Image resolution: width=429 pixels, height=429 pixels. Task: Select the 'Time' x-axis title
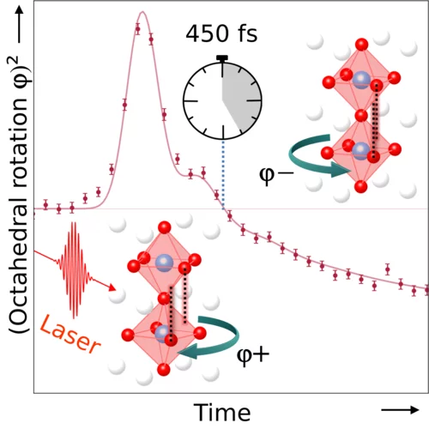coord(222,409)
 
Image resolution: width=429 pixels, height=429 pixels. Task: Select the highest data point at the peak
coord(137,27)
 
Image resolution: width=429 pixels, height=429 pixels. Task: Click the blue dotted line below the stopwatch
coord(224,172)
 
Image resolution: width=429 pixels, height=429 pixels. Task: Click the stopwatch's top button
coord(222,57)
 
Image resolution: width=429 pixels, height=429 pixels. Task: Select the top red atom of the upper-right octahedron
coord(360,42)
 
